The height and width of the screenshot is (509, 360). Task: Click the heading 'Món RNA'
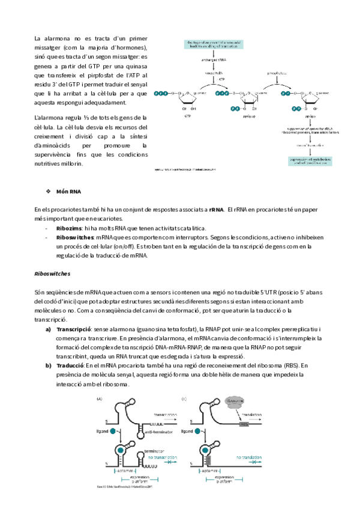click(x=68, y=191)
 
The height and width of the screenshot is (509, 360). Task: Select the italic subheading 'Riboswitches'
click(x=53, y=274)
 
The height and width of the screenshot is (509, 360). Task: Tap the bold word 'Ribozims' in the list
click(x=69, y=229)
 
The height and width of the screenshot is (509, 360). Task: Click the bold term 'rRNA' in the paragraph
click(x=217, y=209)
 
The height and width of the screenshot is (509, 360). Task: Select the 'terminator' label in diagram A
click(x=155, y=450)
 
